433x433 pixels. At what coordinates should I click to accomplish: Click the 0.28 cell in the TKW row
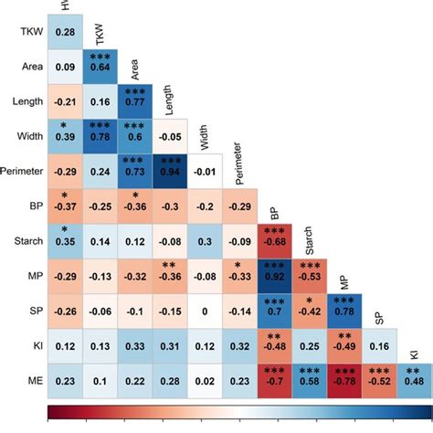tap(65, 33)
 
